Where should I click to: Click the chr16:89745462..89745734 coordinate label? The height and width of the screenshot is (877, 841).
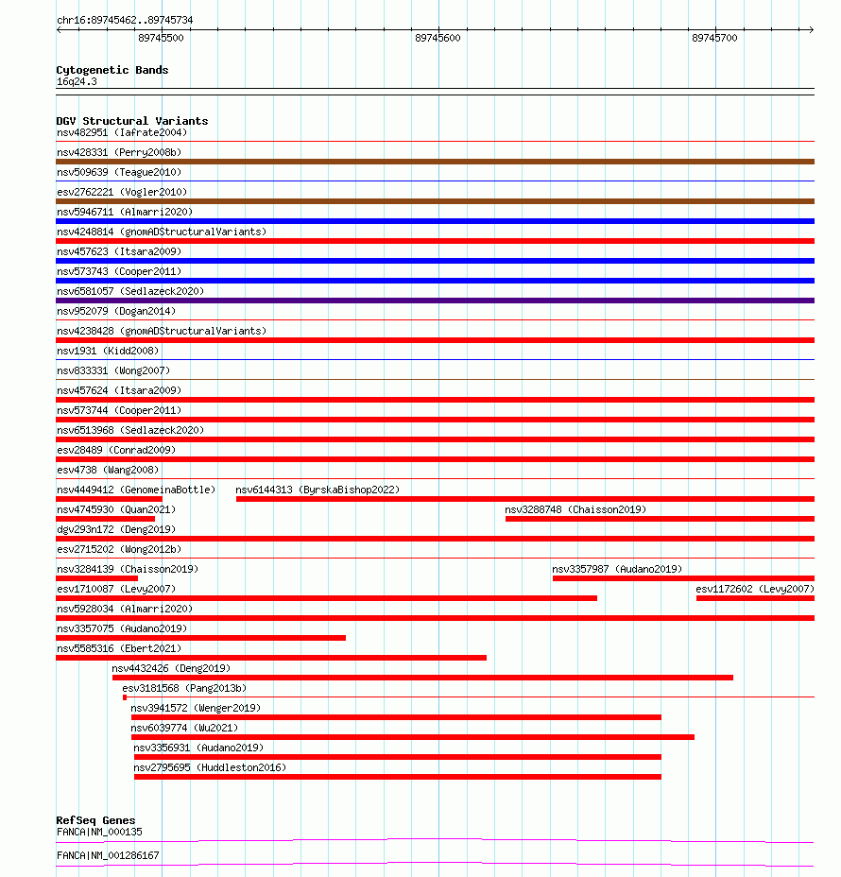point(125,20)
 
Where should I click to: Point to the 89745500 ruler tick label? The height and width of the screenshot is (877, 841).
point(161,38)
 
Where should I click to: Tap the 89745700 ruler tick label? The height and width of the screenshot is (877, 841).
point(714,38)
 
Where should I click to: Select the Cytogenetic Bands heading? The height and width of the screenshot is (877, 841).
point(112,70)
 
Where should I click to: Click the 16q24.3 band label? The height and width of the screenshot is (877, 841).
point(77,81)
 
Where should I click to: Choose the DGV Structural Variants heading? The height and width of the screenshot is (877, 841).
point(132,121)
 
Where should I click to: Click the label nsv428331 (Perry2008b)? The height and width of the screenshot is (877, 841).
point(119,152)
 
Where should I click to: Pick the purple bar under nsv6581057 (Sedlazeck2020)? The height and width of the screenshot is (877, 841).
point(435,301)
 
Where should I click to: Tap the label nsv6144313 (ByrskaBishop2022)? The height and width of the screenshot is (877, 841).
point(318,490)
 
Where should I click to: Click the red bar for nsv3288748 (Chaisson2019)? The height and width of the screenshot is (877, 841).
point(659,519)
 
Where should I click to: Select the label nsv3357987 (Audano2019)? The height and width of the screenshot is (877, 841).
point(617,569)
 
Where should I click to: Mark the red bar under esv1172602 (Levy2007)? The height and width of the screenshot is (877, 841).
point(754,598)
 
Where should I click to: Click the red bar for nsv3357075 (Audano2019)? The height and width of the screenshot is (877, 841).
point(200,638)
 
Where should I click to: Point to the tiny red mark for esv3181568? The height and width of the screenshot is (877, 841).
point(125,697)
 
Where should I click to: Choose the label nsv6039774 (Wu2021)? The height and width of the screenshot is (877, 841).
point(184,728)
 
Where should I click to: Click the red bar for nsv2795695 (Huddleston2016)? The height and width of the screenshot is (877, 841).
point(397,777)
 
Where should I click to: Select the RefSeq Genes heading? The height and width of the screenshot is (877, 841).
point(95,820)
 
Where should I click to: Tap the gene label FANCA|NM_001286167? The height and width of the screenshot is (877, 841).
point(108,855)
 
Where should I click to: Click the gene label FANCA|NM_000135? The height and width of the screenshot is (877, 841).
point(99,832)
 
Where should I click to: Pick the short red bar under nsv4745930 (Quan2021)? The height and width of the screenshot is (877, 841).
point(105,519)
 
